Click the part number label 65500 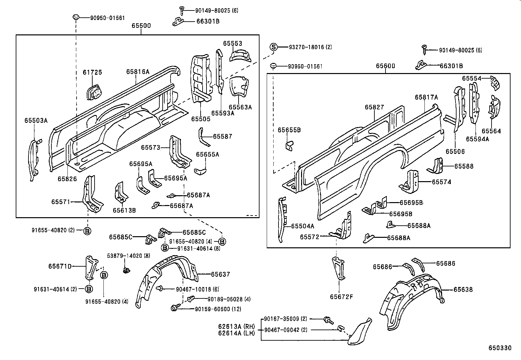pos(141,26)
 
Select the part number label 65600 pos(385,66)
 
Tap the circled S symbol pos(273,47)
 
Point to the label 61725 pos(92,72)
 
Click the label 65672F pos(341,297)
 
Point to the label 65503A pos(36,121)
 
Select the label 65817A pos(426,97)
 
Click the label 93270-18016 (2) pos(310,47)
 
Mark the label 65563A pos(240,107)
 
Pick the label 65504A pos(302,226)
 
